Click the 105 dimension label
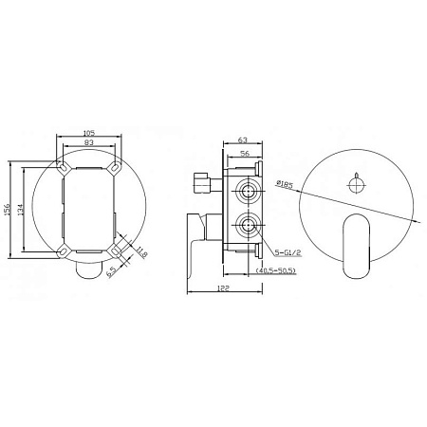pyautogui.click(x=89, y=133)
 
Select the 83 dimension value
pyautogui.click(x=89, y=142)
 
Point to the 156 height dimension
pyautogui.click(x=7, y=210)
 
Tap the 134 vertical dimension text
pyautogui.click(x=20, y=210)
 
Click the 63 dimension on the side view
pyautogui.click(x=243, y=139)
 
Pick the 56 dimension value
pyautogui.click(x=245, y=154)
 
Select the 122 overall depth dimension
pyautogui.click(x=224, y=288)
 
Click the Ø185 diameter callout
pyautogui.click(x=285, y=184)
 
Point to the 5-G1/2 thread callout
pyautogui.click(x=288, y=252)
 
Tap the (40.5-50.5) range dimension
pyautogui.click(x=275, y=270)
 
